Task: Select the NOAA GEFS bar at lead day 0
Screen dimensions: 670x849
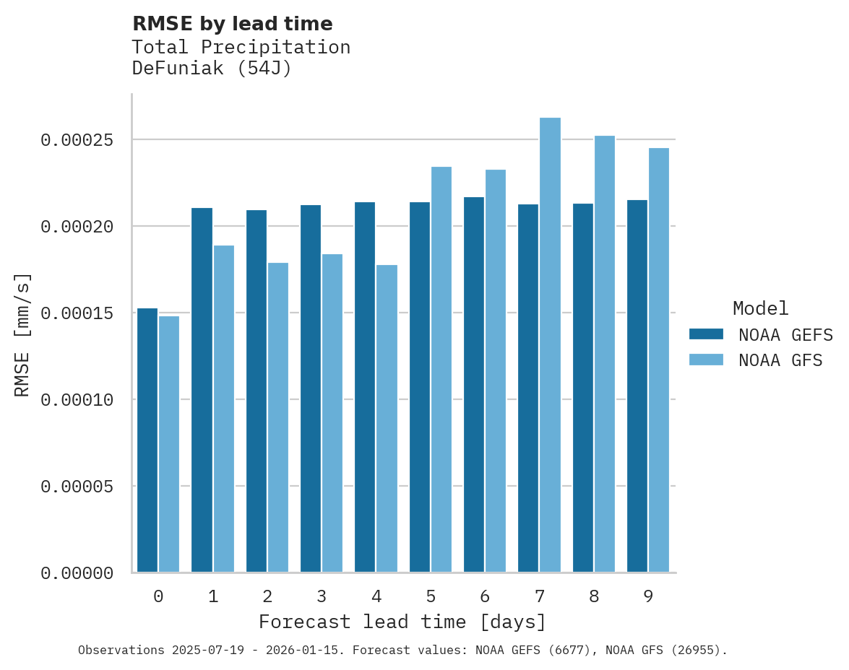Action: [x=147, y=440]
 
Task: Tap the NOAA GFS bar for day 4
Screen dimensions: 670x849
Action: [x=387, y=419]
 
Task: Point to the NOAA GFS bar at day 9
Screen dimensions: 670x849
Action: [x=659, y=360]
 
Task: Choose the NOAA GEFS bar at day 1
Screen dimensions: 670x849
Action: [x=202, y=390]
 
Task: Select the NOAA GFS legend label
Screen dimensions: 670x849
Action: [x=780, y=360]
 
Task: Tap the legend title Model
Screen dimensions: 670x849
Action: [x=760, y=308]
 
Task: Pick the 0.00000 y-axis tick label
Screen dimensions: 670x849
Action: [x=77, y=573]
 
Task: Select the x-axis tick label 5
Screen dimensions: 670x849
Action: [x=431, y=596]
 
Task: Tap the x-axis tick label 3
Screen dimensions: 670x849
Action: [x=322, y=596]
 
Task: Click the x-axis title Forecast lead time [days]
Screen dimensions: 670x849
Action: [x=402, y=622]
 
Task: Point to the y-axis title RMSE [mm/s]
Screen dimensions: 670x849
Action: [x=22, y=334]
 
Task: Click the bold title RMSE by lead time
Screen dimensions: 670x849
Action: [x=233, y=24]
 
